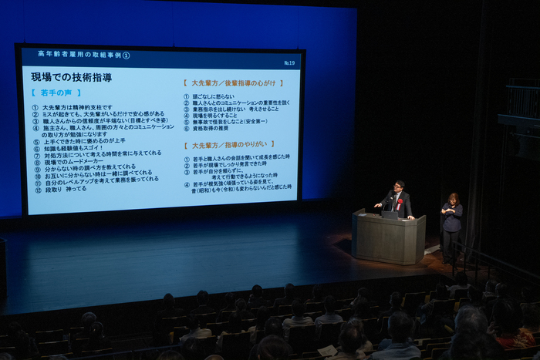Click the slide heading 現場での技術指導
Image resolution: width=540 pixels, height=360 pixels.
tap(71, 77)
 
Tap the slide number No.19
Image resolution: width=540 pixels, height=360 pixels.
tap(289, 62)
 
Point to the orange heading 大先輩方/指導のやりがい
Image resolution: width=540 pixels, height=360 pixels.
tap(225, 145)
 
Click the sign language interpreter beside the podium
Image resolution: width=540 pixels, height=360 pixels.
tap(451, 224)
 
